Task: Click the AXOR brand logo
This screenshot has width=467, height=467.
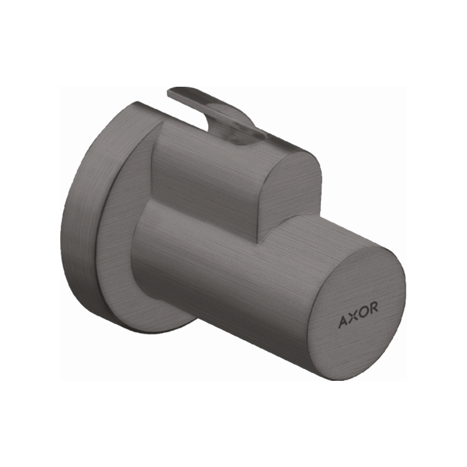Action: (x=358, y=307)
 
